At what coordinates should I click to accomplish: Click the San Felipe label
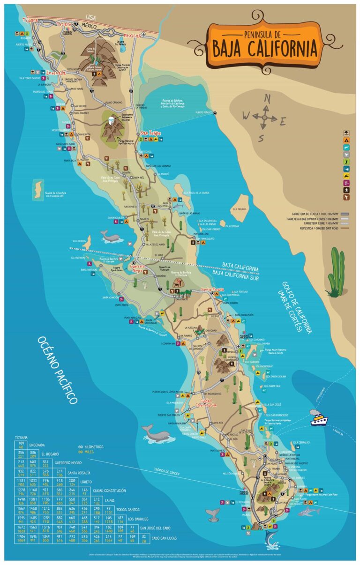click(x=151, y=134)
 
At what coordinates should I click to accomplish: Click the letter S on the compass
click(x=262, y=138)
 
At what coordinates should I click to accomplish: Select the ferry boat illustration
click(x=319, y=418)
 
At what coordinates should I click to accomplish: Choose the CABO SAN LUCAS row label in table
click(x=165, y=551)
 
